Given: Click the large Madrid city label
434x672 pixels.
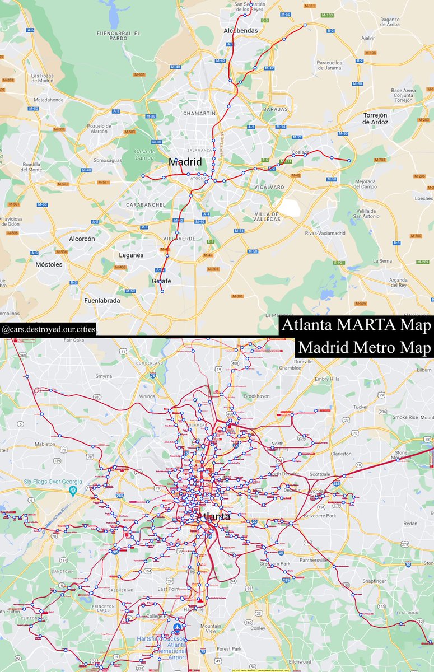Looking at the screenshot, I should (x=185, y=161).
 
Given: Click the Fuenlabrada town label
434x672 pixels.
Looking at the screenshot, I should (x=102, y=301).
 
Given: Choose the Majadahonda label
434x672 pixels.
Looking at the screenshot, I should (x=49, y=100).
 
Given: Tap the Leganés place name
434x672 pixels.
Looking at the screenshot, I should (x=132, y=255).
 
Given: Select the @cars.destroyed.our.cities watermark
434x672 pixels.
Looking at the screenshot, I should (x=48, y=329).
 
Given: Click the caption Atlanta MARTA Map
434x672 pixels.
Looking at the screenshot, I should (x=356, y=325).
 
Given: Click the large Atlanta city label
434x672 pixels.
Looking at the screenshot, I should (x=213, y=516).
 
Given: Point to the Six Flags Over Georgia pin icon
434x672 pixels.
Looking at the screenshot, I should (x=72, y=491).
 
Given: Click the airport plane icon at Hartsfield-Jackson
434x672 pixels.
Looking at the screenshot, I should (x=178, y=627).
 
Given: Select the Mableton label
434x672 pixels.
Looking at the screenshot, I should (x=45, y=444).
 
